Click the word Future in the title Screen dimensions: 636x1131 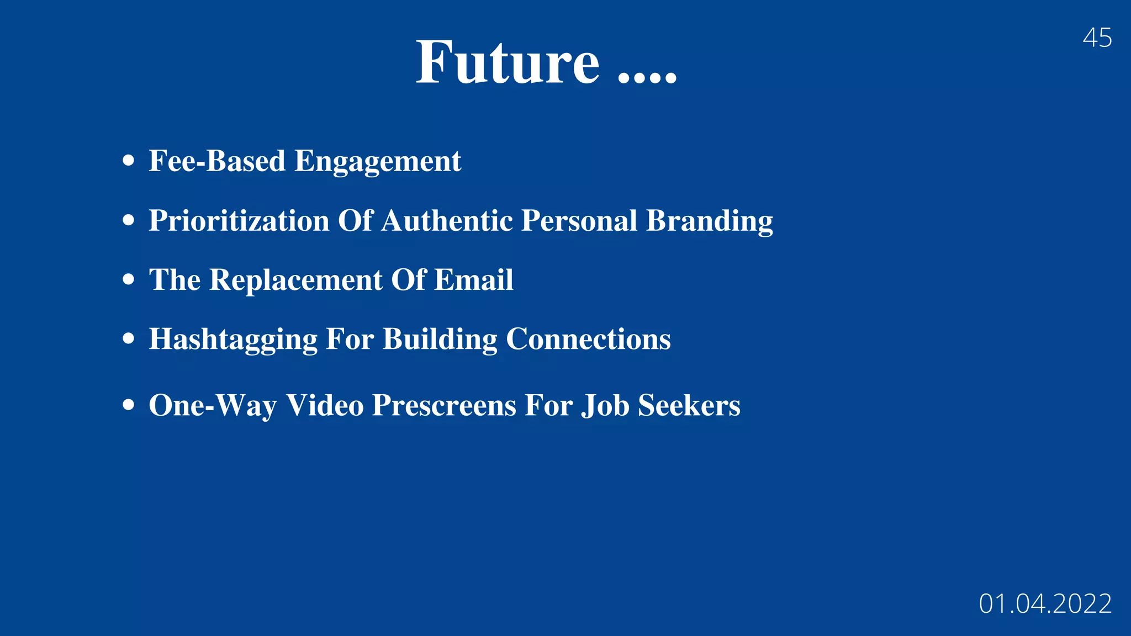(x=507, y=62)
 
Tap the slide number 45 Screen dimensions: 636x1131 (x=1097, y=38)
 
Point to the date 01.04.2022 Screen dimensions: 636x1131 (x=1045, y=603)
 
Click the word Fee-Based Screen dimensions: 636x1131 (x=217, y=161)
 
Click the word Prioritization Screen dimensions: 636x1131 (x=239, y=221)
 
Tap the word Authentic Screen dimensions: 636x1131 (x=447, y=221)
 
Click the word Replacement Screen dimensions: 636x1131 (x=296, y=280)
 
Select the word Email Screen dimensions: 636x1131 (x=473, y=280)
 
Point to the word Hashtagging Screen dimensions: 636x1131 (x=233, y=340)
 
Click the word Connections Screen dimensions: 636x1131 (x=588, y=339)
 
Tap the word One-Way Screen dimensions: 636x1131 (x=213, y=406)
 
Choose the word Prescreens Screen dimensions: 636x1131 (x=444, y=406)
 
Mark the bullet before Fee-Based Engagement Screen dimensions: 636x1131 (x=129, y=161)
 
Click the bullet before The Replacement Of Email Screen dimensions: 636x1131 (x=129, y=279)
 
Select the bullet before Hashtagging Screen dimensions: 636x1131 (x=129, y=338)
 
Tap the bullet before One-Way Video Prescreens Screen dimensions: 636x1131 (x=129, y=405)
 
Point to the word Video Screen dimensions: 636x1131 (x=325, y=406)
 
